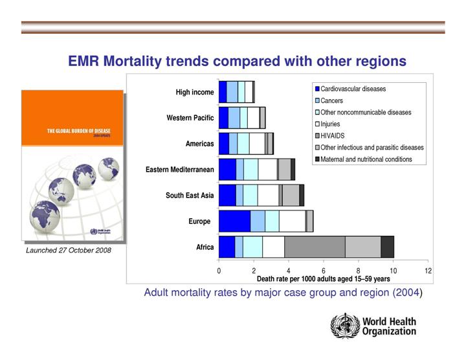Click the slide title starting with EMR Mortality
point(237,61)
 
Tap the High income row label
point(194,93)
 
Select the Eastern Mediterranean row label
point(179,170)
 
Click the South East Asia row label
point(190,195)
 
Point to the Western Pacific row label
point(190,118)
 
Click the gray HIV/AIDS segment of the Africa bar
point(315,247)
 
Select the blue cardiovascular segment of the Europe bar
point(234,221)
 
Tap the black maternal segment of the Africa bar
point(387,247)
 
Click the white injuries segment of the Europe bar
point(292,221)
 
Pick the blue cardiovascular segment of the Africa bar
point(227,247)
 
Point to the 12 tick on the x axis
point(428,271)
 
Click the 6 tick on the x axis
point(324,271)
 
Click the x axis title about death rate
point(323,279)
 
